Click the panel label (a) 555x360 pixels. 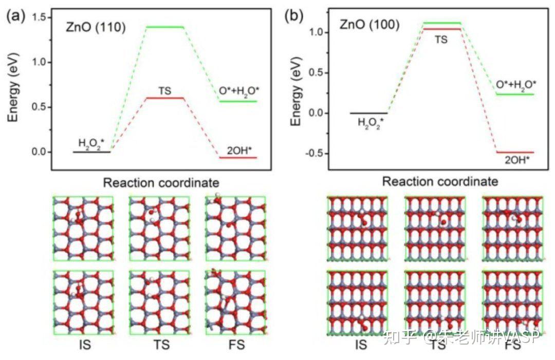click(16, 15)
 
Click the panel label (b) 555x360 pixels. click(294, 15)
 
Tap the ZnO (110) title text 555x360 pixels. click(95, 27)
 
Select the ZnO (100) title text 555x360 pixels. click(369, 24)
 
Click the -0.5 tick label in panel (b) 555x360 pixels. click(313, 154)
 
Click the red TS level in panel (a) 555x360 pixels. click(165, 98)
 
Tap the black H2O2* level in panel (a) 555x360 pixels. click(91, 152)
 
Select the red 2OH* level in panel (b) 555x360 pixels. click(515, 152)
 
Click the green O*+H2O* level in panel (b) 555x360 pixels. click(515, 94)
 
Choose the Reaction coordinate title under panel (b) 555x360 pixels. click(440, 181)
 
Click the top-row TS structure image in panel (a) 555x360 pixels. click(160, 228)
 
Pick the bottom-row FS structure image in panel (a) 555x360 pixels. click(235, 302)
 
